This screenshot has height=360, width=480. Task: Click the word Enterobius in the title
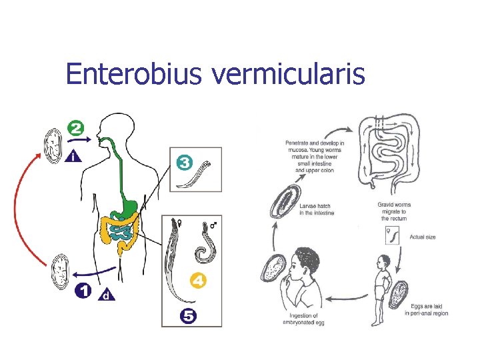[x=135, y=74]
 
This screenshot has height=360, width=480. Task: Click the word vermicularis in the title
[x=288, y=74]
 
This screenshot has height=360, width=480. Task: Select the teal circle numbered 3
[x=185, y=162]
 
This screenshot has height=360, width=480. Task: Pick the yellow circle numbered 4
[x=198, y=281]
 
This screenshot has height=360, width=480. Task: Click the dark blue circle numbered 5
[x=188, y=316]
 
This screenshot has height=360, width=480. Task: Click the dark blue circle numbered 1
[x=83, y=291]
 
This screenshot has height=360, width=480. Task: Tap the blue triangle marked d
[x=105, y=295]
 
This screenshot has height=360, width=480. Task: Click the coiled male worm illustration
[x=201, y=249]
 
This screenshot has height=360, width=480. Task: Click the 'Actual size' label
[x=423, y=237]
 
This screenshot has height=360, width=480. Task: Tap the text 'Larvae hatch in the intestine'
[x=317, y=209]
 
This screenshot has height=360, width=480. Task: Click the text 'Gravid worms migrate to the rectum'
[x=395, y=211]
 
